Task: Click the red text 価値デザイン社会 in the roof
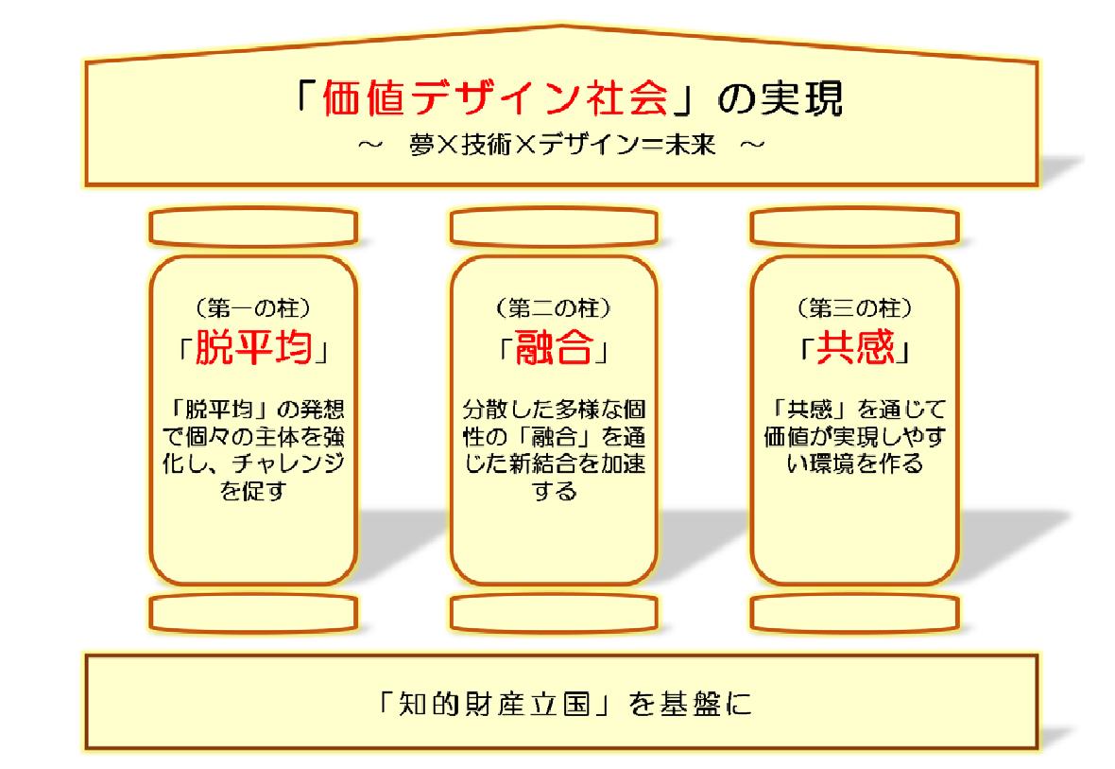[x=496, y=97]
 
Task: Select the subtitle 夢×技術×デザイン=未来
[x=562, y=146]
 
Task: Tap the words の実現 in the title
[x=780, y=98]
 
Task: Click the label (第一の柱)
[x=253, y=308]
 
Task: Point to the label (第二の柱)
[x=553, y=308]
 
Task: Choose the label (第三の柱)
[x=854, y=308]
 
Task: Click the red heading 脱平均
[x=254, y=347]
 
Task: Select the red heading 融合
[x=553, y=347]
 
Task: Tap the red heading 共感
[x=855, y=347]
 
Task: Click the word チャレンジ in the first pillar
[x=288, y=463]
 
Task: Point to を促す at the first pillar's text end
[x=253, y=491]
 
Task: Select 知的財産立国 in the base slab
[x=495, y=704]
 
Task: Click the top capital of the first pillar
[x=253, y=227]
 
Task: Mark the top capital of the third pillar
[x=855, y=227]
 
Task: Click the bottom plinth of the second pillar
[x=554, y=613]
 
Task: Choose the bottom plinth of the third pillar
[x=855, y=613]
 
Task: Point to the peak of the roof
[x=562, y=27]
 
